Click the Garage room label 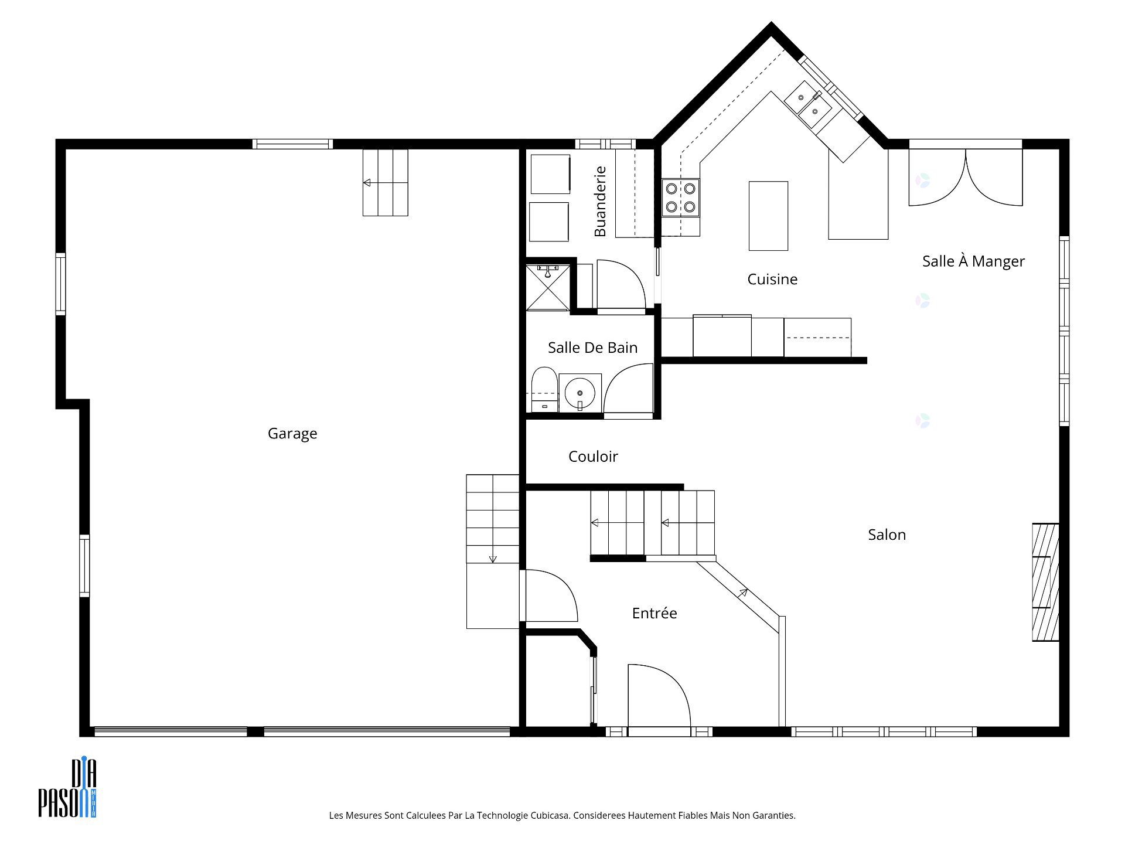[x=292, y=434]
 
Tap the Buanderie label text [x=600, y=202]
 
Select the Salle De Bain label [x=592, y=348]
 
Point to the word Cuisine [x=772, y=280]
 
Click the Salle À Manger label [x=973, y=261]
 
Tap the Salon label [x=887, y=535]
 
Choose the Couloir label [x=593, y=457]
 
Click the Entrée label [x=654, y=613]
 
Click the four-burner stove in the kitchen [x=680, y=198]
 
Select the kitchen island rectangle [x=768, y=216]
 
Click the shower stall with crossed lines [x=547, y=287]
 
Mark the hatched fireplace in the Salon [x=1045, y=581]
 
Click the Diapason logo [x=67, y=788]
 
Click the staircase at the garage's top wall [x=385, y=183]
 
